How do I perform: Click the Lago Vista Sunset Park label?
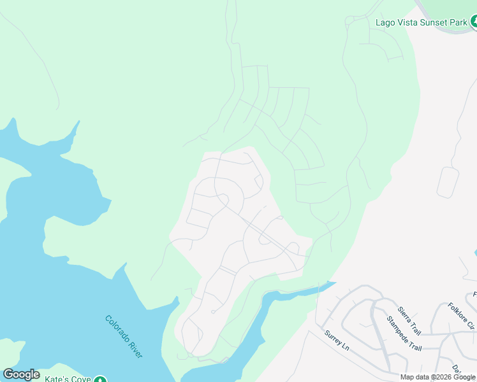(x=422, y=22)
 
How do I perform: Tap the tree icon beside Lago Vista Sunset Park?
(x=474, y=22)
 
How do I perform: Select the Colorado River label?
(x=124, y=337)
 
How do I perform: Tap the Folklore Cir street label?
(x=461, y=316)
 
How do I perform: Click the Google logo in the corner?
(x=21, y=374)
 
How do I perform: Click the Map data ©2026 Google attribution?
(x=437, y=377)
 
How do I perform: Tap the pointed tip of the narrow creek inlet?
(x=334, y=283)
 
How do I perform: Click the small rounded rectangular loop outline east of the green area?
(x=448, y=182)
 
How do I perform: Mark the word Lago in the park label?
(x=385, y=22)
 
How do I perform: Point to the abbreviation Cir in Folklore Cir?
(x=470, y=324)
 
